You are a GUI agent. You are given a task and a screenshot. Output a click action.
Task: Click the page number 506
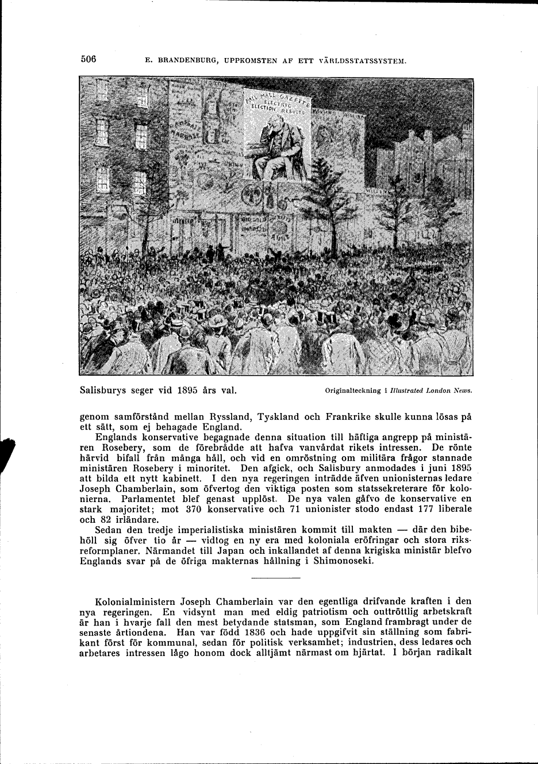[88, 59]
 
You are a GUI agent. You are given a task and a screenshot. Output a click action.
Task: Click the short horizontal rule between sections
[276, 577]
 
